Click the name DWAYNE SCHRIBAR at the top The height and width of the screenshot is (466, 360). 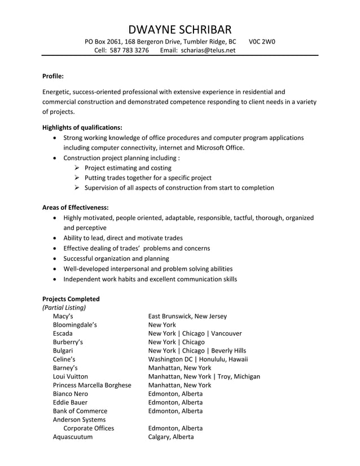pos(179,29)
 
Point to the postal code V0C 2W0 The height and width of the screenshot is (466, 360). pos(262,42)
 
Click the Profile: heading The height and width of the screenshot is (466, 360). pos(53,76)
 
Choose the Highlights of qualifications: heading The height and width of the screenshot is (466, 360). pos(82,128)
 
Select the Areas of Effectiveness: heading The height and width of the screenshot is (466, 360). pos(76,208)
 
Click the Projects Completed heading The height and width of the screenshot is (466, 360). pos(71,299)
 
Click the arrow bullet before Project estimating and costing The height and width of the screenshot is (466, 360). pos(77,168)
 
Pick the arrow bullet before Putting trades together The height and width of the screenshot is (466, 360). pos(77,178)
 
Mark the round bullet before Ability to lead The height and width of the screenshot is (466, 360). pos(54,238)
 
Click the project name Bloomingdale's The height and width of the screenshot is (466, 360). pos(74,326)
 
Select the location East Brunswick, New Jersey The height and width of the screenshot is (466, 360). pos(187,316)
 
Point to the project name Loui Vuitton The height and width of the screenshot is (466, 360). pos(70,376)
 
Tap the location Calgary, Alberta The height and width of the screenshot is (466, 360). pos(171,437)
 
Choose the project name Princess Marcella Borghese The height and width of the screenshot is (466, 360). pos(91,385)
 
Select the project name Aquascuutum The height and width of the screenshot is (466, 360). pos(73,437)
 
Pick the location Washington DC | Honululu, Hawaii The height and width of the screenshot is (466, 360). pos(198,359)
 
